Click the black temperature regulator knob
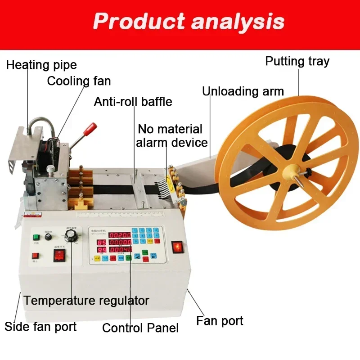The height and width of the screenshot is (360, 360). pyautogui.click(x=71, y=236)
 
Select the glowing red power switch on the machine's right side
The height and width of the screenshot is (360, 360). pyautogui.click(x=178, y=247)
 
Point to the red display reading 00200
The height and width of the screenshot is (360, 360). pyautogui.click(x=120, y=235)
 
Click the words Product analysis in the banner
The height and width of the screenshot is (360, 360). pyautogui.click(x=189, y=21)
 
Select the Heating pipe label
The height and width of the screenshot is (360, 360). pyautogui.click(x=41, y=65)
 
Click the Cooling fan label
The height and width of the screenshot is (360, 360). pyautogui.click(x=79, y=81)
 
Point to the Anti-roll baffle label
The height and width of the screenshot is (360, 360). pyautogui.click(x=133, y=101)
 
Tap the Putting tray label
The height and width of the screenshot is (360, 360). pyautogui.click(x=297, y=61)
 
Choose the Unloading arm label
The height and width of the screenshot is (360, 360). pyautogui.click(x=243, y=91)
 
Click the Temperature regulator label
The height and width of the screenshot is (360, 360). pyautogui.click(x=86, y=300)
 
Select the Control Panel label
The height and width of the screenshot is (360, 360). pyautogui.click(x=140, y=328)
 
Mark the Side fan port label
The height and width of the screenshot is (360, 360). pyautogui.click(x=40, y=326)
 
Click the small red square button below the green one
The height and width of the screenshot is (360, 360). pyautogui.click(x=35, y=256)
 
